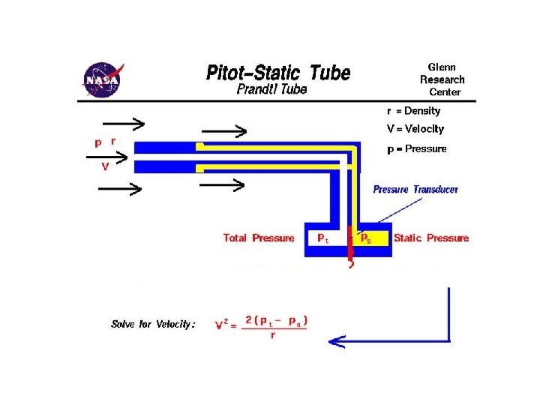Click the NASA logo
102,78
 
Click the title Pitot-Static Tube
277,73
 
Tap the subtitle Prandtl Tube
271,89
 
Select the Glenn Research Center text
442,79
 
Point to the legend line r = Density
413,111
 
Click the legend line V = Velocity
415,129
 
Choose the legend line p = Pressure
416,148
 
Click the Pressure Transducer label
415,190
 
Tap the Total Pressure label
259,238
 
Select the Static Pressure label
431,238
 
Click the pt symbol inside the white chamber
322,238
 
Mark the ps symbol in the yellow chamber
366,238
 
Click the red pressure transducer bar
349,242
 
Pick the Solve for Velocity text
153,324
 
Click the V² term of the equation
222,325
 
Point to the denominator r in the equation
272,335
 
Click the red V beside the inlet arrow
105,167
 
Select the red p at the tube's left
97,141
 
